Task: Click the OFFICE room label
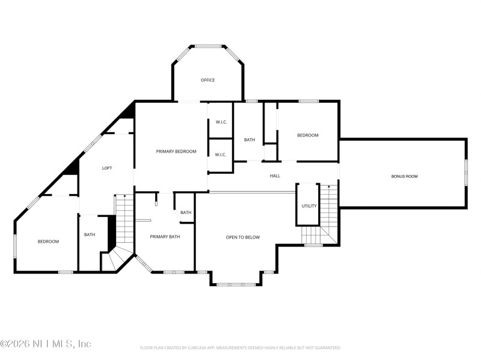tap(207, 80)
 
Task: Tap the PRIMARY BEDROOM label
tap(176, 151)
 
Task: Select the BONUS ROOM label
tap(404, 176)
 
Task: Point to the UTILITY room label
tap(309, 206)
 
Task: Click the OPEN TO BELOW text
tap(243, 237)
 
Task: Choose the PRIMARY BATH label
tap(165, 237)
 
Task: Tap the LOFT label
tap(107, 168)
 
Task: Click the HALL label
tap(275, 176)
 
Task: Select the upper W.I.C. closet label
tap(221, 122)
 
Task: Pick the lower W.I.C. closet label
tap(220, 154)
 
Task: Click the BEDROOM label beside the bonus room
tap(308, 135)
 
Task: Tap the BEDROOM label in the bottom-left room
tap(48, 242)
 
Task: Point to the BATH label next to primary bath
tap(186, 213)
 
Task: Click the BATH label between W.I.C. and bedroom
tap(250, 140)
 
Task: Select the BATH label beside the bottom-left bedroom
tap(90, 234)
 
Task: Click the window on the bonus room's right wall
tap(465, 172)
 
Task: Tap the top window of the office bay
tap(208, 46)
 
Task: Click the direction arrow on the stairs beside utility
tap(329, 186)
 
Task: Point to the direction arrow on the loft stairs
tap(124, 196)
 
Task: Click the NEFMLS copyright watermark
tap(46, 344)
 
